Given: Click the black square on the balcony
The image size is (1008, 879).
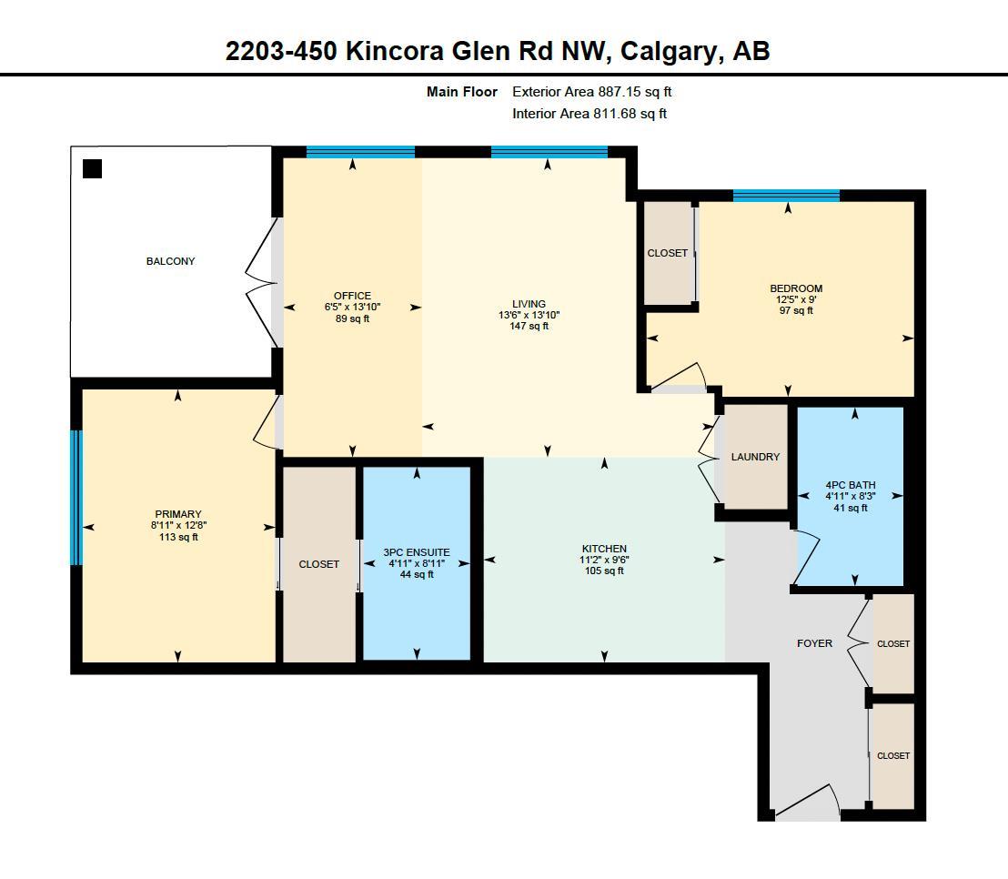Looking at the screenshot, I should [92, 168].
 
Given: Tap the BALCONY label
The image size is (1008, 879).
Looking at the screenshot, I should [170, 262].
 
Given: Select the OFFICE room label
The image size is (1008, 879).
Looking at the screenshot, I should [352, 296].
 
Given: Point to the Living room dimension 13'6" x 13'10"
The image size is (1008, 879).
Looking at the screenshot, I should [529, 315].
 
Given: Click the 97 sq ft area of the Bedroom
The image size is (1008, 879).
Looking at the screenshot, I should [796, 311].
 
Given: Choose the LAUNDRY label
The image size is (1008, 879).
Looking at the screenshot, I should [755, 457].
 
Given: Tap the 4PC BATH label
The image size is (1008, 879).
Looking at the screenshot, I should [850, 485].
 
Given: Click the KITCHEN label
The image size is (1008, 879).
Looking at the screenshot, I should [604, 549].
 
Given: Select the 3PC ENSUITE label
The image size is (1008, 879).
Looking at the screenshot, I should [416, 552].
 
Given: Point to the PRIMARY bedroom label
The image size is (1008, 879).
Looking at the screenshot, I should [177, 514].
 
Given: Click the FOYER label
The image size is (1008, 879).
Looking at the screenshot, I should [814, 643].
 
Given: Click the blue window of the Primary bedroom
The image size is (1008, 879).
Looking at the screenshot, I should [76, 498].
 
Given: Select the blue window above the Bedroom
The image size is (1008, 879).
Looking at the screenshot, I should [786, 196].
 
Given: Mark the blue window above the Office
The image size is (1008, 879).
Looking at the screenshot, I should [360, 152].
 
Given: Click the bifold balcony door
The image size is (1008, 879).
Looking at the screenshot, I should [262, 283].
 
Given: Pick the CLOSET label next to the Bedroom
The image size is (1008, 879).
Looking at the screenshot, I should [668, 253].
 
